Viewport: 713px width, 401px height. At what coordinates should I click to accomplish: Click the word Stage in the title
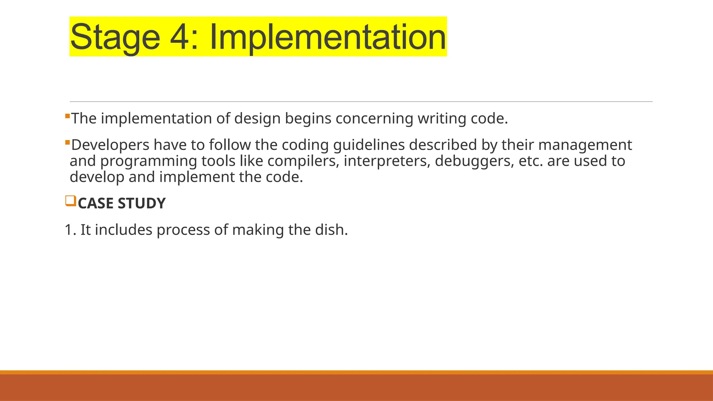pyautogui.click(x=115, y=37)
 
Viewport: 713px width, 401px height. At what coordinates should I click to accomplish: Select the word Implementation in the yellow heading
pyautogui.click(x=327, y=37)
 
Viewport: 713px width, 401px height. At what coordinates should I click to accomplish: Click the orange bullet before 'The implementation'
pyautogui.click(x=68, y=116)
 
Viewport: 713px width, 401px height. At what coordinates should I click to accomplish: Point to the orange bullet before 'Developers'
pyautogui.click(x=68, y=142)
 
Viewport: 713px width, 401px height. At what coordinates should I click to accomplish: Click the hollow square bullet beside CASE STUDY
pyautogui.click(x=70, y=201)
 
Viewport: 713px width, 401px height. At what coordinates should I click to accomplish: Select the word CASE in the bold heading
pyautogui.click(x=95, y=203)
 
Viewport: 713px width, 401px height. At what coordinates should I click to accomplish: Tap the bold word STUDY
pyautogui.click(x=142, y=203)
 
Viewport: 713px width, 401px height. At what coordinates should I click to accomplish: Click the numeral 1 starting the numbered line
pyautogui.click(x=69, y=230)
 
